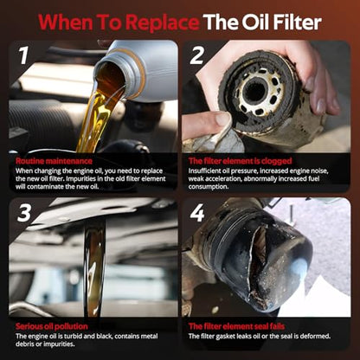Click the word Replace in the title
163,23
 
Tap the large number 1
23,55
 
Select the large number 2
196,55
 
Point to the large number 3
23,213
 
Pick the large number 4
197,213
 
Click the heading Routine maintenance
54,161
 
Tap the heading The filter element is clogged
241,161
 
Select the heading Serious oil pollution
52,326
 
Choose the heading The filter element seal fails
236,326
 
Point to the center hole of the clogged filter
254,92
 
